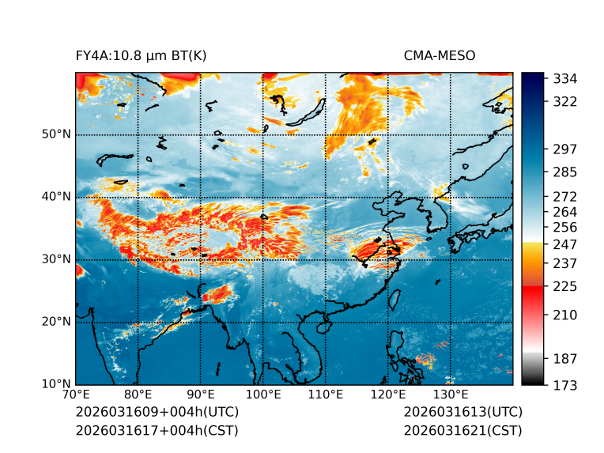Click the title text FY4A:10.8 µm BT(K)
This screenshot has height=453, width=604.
(141, 55)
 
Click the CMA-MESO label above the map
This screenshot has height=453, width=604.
(439, 55)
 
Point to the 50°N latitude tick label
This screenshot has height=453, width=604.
(56, 134)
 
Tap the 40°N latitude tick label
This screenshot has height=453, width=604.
(56, 197)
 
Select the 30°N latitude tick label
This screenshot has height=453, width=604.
(56, 259)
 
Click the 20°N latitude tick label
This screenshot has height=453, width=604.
(56, 322)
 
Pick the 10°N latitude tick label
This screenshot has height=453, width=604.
(56, 384)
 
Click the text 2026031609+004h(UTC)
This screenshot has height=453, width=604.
(157, 413)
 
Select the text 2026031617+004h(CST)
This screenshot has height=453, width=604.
(157, 431)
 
